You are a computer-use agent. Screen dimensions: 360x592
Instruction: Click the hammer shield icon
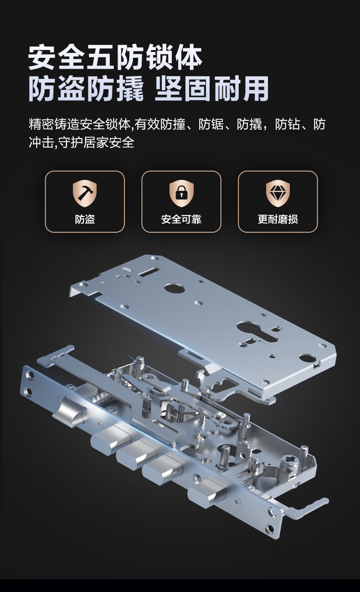(85, 193)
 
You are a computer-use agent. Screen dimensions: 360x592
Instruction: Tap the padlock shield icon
(181, 193)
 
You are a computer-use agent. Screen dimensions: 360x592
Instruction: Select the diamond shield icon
(278, 193)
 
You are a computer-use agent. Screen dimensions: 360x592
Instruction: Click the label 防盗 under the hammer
(85, 219)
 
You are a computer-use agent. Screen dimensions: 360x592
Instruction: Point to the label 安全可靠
(181, 219)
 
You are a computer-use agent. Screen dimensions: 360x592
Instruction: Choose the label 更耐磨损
(278, 219)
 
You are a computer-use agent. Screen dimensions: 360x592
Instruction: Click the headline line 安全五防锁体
(115, 58)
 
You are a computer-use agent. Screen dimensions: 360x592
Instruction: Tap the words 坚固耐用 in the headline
(212, 89)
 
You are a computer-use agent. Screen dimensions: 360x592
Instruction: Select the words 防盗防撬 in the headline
(86, 89)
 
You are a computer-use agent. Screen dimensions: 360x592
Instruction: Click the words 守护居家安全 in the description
(96, 143)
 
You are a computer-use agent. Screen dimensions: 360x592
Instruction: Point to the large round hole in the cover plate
(175, 288)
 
